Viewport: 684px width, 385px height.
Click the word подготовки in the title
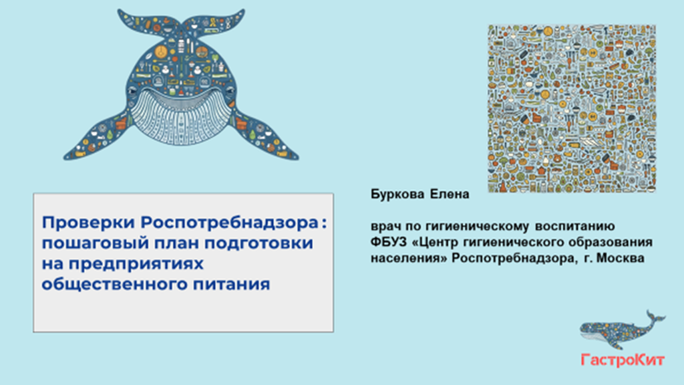click(259, 243)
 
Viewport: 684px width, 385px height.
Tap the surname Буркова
click(397, 195)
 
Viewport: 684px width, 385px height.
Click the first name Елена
click(450, 195)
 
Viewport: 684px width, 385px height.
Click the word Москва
click(621, 259)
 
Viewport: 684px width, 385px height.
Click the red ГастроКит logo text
click(623, 360)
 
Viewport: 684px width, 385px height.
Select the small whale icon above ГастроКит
click(622, 330)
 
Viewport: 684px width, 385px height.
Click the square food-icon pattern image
click(572, 108)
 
